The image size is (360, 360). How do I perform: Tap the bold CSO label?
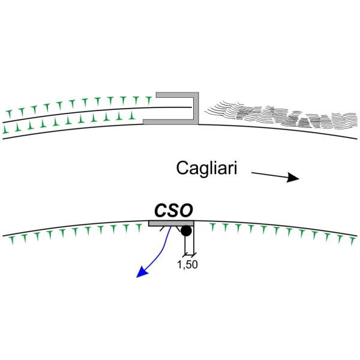pyautogui.click(x=173, y=211)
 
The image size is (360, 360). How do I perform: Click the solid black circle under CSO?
pyautogui.click(x=187, y=231)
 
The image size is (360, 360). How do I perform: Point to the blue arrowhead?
pyautogui.click(x=142, y=272)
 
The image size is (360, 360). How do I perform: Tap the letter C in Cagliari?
pyautogui.click(x=183, y=169)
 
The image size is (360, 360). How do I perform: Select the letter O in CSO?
pyautogui.click(x=185, y=211)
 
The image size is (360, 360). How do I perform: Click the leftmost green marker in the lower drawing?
pyautogui.click(x=13, y=240)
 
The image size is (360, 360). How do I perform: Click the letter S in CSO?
pyautogui.click(x=173, y=211)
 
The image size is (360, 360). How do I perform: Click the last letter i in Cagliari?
pyautogui.click(x=237, y=169)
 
